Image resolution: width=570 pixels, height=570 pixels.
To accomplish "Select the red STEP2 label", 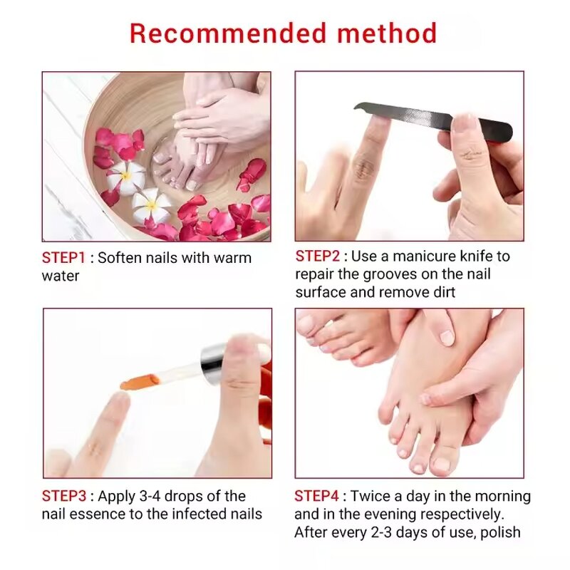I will [318, 256].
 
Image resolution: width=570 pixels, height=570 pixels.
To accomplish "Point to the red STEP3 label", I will [65, 496].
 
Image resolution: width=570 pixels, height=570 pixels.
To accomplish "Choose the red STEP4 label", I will [318, 496].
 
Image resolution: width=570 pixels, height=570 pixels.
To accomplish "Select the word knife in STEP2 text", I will [492, 256].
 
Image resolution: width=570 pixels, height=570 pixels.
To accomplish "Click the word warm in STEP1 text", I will [232, 257].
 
